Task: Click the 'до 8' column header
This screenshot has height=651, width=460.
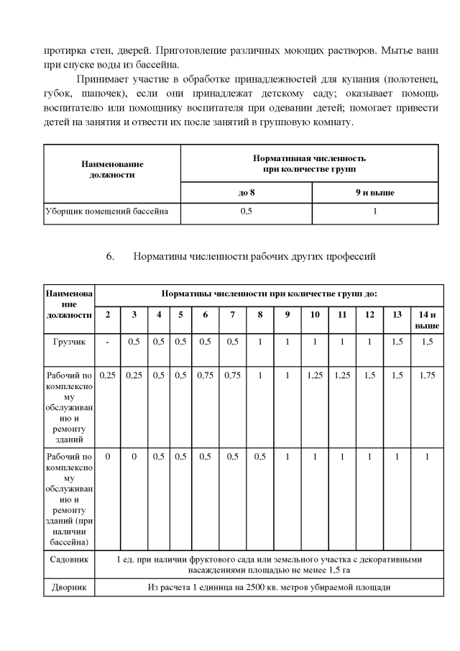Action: pos(246,193)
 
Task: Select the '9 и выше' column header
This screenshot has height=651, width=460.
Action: pos(375,193)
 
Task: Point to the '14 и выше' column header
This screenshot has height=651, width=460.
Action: pos(427,320)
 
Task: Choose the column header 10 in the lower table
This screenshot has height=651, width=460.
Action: pos(315,315)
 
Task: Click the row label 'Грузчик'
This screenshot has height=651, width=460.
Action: pos(69,342)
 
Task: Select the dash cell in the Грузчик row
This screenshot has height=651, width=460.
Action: pos(107,342)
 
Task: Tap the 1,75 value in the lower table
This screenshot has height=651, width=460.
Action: pos(427,375)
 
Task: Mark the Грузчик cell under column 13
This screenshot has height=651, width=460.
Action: pos(397,342)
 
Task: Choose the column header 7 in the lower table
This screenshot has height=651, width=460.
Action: pos(233,315)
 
